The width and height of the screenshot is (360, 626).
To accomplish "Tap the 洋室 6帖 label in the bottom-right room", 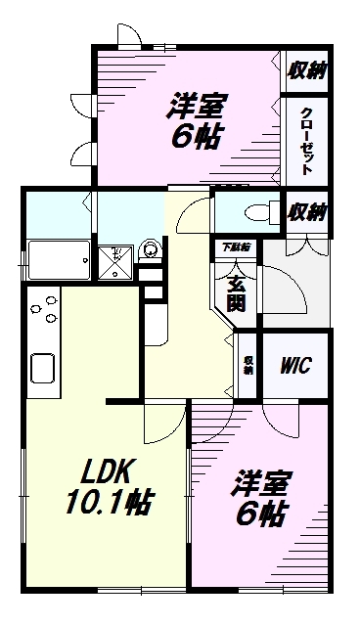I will [260, 498].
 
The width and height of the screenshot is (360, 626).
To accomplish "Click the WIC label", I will [295, 366].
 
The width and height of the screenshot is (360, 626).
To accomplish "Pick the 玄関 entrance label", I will [237, 294].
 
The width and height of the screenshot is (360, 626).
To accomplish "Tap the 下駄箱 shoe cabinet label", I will [235, 248].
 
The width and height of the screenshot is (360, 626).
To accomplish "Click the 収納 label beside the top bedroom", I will [306, 69].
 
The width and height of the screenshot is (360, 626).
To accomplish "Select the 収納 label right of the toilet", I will [306, 210].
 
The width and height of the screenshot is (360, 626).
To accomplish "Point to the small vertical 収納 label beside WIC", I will [248, 366].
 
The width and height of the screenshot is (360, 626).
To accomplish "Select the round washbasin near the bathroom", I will [150, 250].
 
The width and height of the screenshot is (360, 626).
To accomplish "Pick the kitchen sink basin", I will [44, 369].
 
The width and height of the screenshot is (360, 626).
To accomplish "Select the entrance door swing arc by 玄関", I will [284, 284].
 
